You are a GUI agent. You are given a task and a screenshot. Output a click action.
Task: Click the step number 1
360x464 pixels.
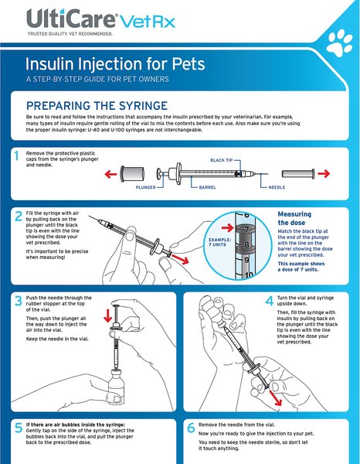[x=16, y=156]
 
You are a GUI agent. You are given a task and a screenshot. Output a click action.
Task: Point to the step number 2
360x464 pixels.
[x=16, y=215]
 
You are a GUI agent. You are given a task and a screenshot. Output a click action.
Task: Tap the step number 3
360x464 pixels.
[x=16, y=300]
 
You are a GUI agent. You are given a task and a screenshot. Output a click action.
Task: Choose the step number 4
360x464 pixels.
[x=269, y=300]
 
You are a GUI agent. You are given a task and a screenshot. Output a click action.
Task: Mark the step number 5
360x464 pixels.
[x=16, y=428]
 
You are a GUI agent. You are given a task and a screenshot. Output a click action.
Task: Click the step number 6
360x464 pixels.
[x=190, y=428]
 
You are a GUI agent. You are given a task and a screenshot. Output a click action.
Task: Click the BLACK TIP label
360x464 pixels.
[x=225, y=160]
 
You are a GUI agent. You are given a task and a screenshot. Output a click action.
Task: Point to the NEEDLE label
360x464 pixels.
[x=277, y=186]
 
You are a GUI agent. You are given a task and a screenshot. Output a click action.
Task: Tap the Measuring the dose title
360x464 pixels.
[x=297, y=217]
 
